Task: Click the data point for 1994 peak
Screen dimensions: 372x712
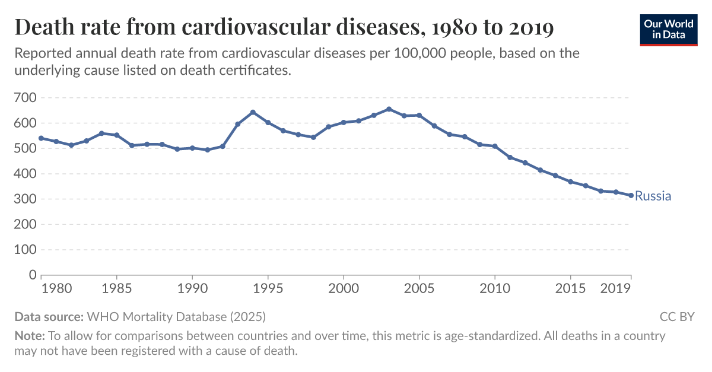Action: pos(253,112)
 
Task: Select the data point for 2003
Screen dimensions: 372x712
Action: pos(389,109)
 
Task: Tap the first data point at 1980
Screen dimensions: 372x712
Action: pos(41,138)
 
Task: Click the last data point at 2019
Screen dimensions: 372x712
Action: pos(631,196)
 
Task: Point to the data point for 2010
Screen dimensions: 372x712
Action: pos(495,146)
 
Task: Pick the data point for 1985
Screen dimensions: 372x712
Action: pos(117,135)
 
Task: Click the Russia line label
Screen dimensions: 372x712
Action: pos(653,196)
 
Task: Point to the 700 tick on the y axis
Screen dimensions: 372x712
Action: pos(25,97)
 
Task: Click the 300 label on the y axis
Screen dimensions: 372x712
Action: pos(25,199)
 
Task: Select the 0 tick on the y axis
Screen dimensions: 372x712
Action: pos(33,275)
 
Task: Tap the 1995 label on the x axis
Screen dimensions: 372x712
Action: pos(268,289)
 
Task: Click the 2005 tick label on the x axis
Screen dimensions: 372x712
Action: pos(419,289)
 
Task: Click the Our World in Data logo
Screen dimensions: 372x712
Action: pos(669,29)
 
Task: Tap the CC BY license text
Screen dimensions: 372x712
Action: pos(676,316)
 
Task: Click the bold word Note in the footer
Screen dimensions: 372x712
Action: pos(29,336)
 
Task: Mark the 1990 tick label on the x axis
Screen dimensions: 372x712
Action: pos(192,289)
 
